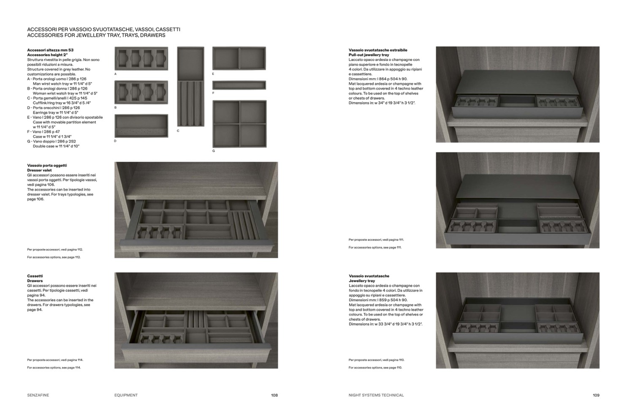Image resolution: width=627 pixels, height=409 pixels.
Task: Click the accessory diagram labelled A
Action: point(141,58)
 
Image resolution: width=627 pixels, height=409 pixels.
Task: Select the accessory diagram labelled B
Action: point(141,92)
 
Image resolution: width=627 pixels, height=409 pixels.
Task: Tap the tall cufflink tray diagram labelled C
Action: point(190,86)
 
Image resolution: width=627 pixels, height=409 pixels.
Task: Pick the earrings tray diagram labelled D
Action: point(141,125)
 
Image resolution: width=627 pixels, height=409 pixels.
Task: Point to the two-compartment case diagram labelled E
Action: point(239,58)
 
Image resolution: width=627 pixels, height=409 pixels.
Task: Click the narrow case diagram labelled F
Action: point(239,85)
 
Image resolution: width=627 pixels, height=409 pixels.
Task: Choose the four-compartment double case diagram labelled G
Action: point(239,124)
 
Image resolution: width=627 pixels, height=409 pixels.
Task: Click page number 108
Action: point(274,395)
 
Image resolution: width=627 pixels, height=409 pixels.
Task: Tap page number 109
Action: point(596,395)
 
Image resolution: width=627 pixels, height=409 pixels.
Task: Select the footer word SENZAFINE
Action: point(38,395)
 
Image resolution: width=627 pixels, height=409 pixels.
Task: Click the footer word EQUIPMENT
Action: point(126,395)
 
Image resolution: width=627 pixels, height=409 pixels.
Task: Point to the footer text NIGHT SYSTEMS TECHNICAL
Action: point(376,395)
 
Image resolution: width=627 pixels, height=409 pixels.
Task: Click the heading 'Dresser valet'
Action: point(39,170)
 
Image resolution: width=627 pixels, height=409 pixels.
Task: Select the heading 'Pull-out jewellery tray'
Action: point(369,55)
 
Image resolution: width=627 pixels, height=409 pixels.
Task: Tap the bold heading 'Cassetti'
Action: point(35,276)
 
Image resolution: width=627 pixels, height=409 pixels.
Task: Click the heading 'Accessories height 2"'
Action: point(47,55)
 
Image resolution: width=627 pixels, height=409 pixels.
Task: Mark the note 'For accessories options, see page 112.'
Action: point(54,257)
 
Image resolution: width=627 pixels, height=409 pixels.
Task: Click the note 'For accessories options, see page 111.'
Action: point(375,248)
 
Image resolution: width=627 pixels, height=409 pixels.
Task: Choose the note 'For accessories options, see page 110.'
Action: point(375,368)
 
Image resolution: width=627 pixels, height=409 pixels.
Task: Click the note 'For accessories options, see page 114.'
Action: point(54,368)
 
